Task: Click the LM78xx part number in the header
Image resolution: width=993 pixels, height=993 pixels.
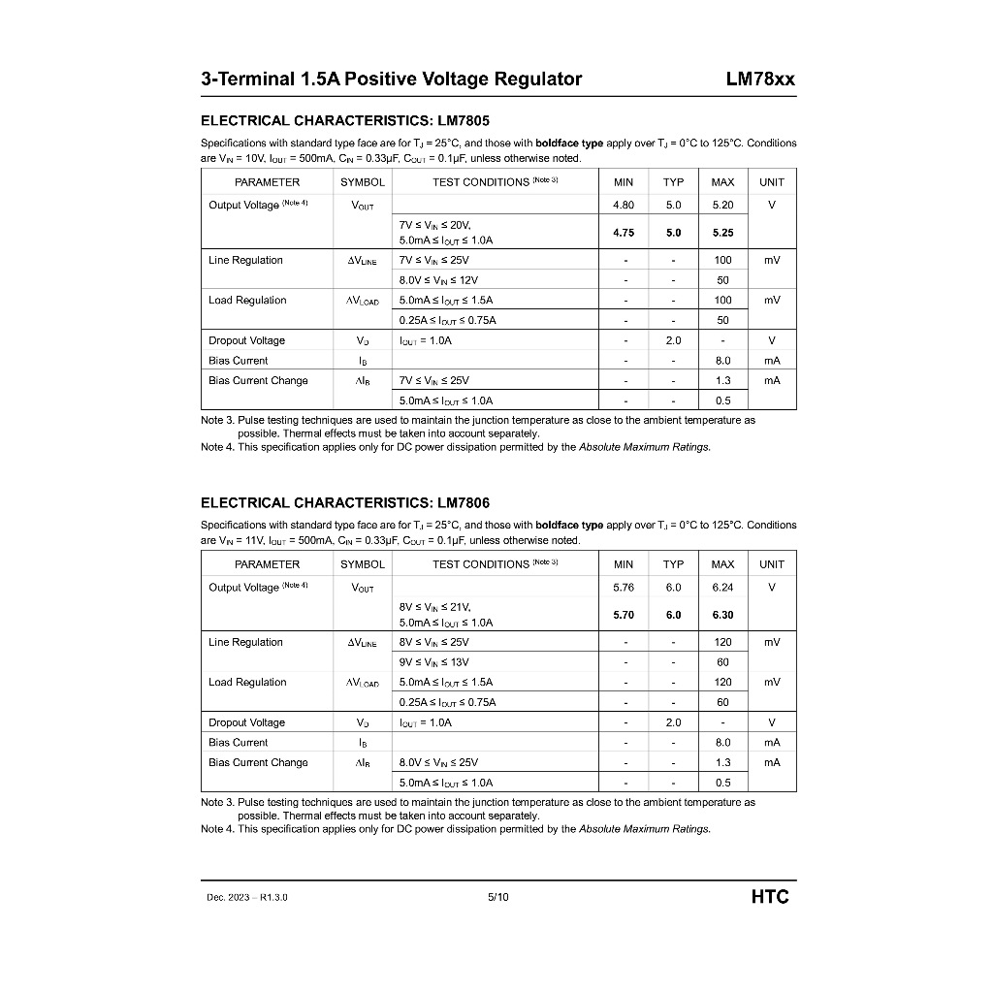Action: [759, 80]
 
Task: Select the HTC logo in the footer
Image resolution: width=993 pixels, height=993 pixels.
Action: [770, 896]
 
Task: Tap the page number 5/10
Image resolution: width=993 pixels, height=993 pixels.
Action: [497, 897]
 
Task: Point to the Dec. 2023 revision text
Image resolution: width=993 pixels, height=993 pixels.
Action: [247, 897]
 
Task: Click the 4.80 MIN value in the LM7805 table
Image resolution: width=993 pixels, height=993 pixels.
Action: [624, 206]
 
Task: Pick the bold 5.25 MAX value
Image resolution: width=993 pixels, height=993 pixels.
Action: [722, 233]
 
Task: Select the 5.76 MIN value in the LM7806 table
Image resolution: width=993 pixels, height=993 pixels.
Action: [624, 588]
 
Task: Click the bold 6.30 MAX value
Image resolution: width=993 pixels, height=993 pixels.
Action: [722, 615]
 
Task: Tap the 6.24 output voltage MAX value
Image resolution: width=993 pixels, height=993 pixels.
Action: [722, 588]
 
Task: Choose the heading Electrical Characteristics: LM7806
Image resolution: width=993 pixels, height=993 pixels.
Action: [344, 502]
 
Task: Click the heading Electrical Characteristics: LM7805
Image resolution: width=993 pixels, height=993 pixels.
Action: [344, 120]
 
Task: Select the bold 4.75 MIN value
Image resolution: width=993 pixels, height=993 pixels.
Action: [624, 233]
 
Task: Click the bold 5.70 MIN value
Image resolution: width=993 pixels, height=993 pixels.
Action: [624, 615]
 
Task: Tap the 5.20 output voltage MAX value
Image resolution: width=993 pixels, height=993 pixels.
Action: [722, 206]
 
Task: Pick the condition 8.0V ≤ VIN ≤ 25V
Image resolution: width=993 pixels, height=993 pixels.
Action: [438, 762]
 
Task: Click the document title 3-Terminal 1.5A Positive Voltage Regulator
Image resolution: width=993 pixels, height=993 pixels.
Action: [391, 80]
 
